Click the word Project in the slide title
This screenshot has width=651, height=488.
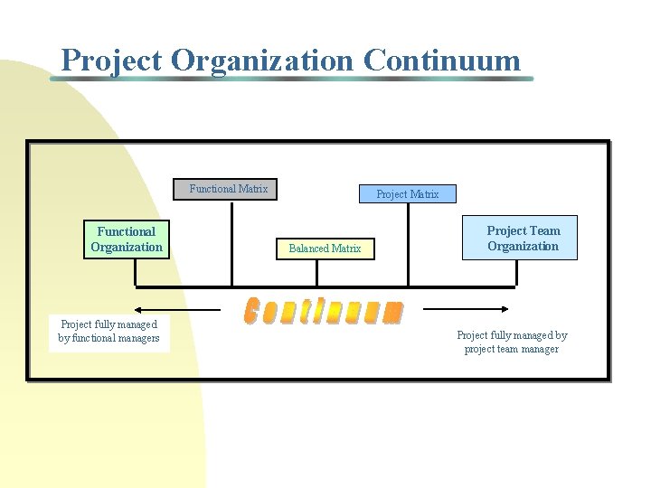point(111,61)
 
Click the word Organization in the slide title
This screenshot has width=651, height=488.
point(262,61)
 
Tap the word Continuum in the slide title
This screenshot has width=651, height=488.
point(442,61)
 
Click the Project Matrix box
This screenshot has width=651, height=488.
point(407,194)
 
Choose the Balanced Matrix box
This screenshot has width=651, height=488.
point(325,249)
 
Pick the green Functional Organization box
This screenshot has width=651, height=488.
point(127,239)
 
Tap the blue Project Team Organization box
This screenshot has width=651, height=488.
point(520,239)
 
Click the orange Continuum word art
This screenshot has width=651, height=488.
point(324,310)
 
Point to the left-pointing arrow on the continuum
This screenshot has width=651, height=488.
point(177,310)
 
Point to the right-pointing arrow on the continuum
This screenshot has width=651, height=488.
point(470,310)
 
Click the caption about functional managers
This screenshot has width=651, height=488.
point(109,332)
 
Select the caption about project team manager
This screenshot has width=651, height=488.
point(512,343)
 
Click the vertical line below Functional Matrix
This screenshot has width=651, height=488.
point(232,242)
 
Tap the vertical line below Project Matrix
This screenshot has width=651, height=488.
point(409,244)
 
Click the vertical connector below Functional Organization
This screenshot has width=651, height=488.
point(135,272)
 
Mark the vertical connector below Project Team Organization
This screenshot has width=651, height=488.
point(515,272)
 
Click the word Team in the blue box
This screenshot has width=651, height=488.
point(542,231)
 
